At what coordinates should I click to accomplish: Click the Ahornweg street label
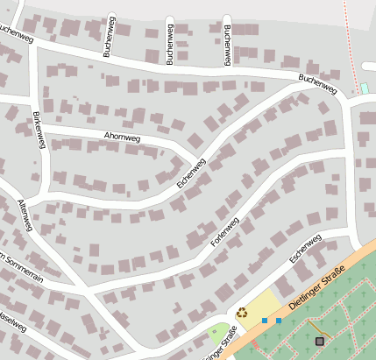coord(121,137)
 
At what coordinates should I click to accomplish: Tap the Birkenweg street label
coord(37,131)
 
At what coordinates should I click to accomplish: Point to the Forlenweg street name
coord(225,231)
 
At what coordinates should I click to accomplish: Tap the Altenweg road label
coord(25,215)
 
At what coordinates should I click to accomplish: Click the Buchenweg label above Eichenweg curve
coord(317,84)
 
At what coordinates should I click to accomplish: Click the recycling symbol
coord(242,312)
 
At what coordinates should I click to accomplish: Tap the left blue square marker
coord(264,321)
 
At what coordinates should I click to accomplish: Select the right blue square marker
coord(279,321)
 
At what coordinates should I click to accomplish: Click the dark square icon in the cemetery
coord(319,341)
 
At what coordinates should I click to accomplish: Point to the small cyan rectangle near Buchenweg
coord(364,88)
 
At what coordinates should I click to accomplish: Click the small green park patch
coord(218,335)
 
